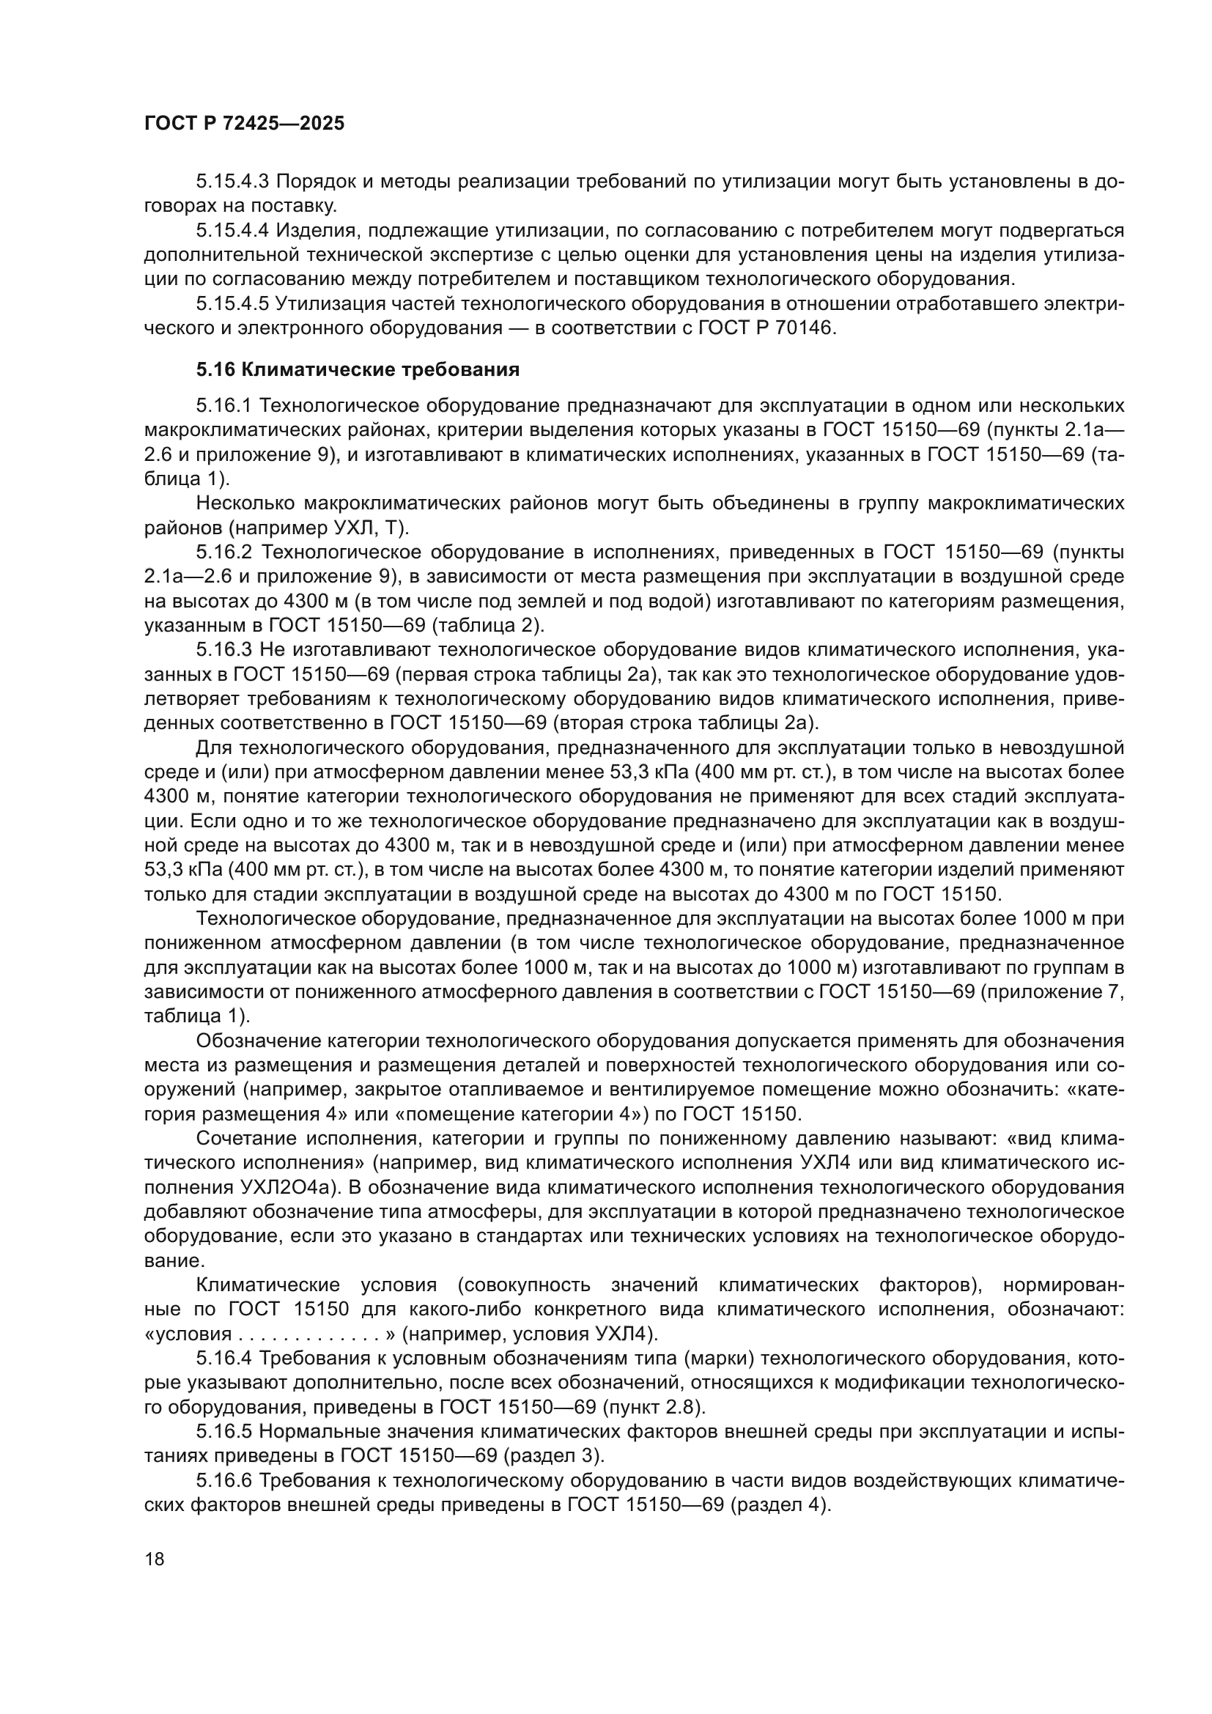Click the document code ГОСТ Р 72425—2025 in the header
tap(244, 124)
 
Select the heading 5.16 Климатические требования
tap(358, 369)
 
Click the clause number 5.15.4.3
tap(233, 182)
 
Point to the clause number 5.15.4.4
tap(233, 231)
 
